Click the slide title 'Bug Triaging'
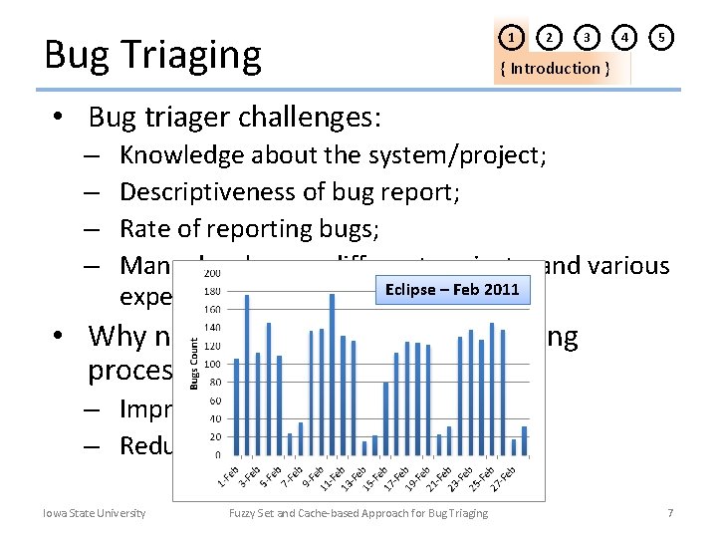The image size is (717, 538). (152, 55)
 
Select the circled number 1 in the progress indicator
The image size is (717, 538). (511, 38)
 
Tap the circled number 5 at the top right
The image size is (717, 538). (661, 38)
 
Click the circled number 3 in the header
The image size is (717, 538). (588, 38)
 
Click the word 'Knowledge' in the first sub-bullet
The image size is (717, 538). (181, 154)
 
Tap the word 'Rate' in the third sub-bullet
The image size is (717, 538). (143, 229)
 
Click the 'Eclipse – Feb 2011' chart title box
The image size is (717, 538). (452, 290)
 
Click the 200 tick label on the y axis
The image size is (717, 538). (213, 273)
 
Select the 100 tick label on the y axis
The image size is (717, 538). (213, 364)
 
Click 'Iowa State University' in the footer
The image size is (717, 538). (94, 513)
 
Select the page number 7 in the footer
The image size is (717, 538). (670, 513)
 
